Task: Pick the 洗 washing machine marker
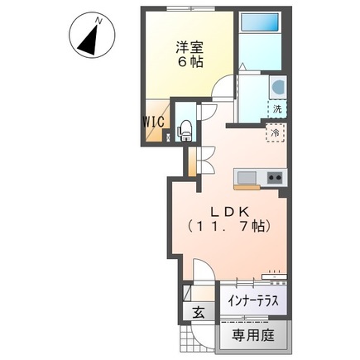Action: (278, 108)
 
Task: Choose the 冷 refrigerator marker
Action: (272, 132)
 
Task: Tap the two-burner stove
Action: (274, 177)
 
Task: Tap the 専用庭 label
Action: (252, 335)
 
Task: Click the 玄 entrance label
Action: (199, 313)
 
